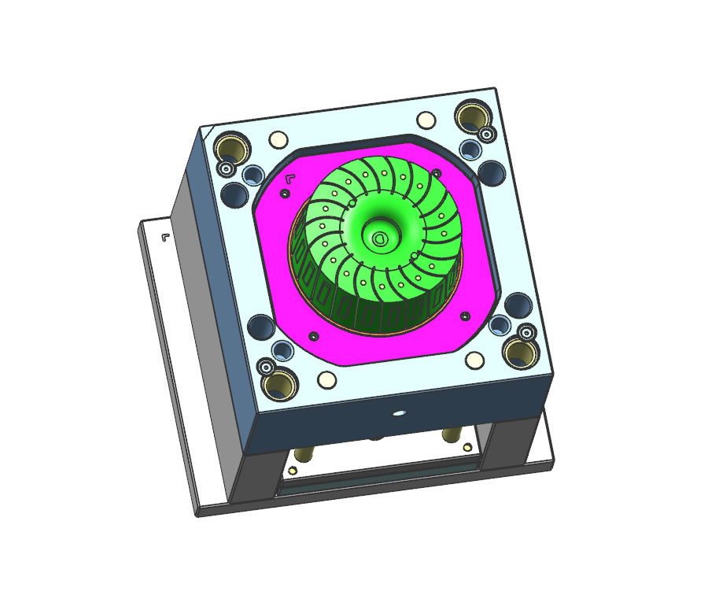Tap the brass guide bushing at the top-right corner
click(x=473, y=116)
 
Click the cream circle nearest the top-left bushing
click(x=277, y=140)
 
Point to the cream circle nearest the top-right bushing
click(x=426, y=120)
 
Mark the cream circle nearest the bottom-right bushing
click(x=474, y=360)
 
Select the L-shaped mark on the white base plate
click(x=165, y=236)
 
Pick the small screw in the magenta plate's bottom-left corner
click(x=315, y=336)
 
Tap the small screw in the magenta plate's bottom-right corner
click(x=466, y=316)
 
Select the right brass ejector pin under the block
click(x=452, y=435)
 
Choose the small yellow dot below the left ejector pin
click(x=293, y=470)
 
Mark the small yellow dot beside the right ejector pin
click(x=470, y=447)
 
